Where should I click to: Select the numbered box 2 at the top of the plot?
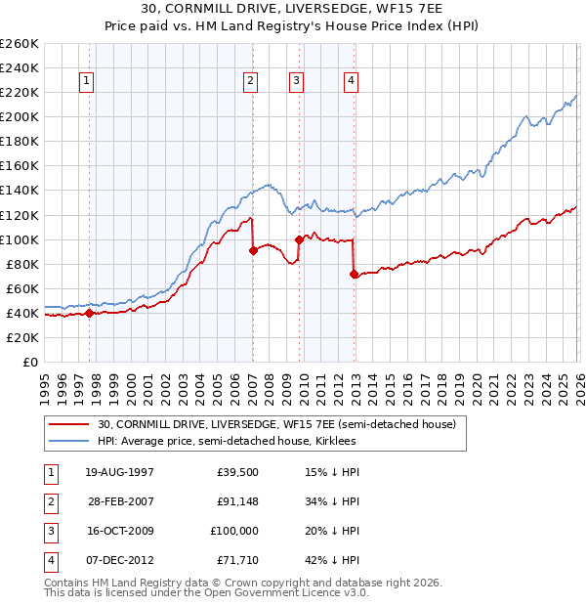click(x=251, y=81)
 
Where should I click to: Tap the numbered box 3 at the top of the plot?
click(x=297, y=81)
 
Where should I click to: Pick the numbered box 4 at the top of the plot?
click(x=351, y=81)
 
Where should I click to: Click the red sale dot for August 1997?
click(x=89, y=313)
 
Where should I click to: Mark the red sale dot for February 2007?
click(x=253, y=250)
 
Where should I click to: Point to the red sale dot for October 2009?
click(x=299, y=238)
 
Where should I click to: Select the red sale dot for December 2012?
click(x=354, y=274)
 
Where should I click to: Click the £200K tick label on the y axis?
click(x=20, y=116)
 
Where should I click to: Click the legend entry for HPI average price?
click(x=227, y=442)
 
